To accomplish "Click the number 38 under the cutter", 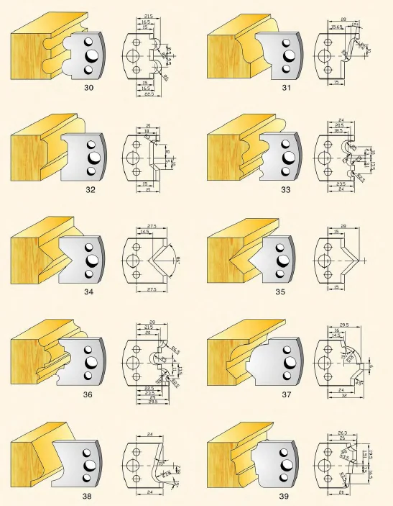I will pos(89,497).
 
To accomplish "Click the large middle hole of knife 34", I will pos(93,260).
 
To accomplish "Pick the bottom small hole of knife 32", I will pos(91,171).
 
